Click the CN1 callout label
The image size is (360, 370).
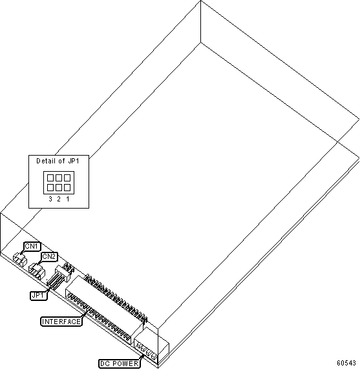[32, 247]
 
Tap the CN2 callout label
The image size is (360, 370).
[49, 256]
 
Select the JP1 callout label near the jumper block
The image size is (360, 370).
[39, 296]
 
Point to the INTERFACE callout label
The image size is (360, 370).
[61, 322]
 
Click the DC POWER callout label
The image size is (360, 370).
[120, 364]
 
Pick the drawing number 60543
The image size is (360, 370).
[346, 363]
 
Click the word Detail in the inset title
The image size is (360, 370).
[46, 161]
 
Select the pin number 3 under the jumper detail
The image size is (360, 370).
[50, 199]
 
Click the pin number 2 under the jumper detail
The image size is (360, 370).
[59, 199]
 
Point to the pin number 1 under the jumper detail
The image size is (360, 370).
[68, 199]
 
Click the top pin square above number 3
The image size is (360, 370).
[50, 178]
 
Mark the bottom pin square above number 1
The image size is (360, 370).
[67, 188]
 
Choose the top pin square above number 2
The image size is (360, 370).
[59, 178]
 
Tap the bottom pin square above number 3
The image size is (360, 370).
[50, 188]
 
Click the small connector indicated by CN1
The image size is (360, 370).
[20, 260]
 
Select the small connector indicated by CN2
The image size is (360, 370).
[37, 271]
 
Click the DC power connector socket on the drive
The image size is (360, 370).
[151, 344]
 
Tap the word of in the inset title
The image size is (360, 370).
[61, 161]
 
